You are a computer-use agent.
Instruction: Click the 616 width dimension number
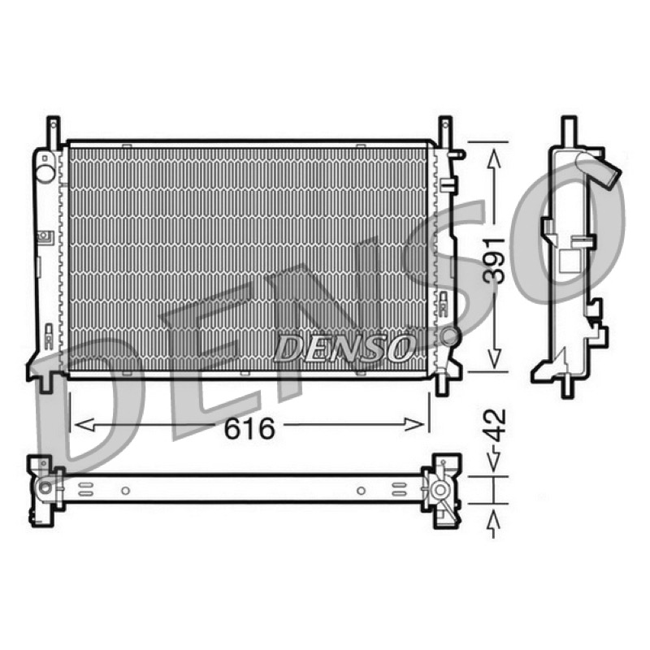coord(249,428)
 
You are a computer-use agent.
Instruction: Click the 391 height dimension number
coord(495,261)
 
